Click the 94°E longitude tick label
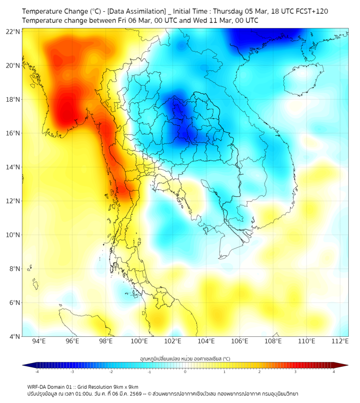pos(39,341)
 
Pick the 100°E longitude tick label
pos(139,341)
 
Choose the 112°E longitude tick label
pos(340,341)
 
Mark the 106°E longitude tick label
pos(240,341)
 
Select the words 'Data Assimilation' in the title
pos(137,11)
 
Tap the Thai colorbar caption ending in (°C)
pos(185,358)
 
